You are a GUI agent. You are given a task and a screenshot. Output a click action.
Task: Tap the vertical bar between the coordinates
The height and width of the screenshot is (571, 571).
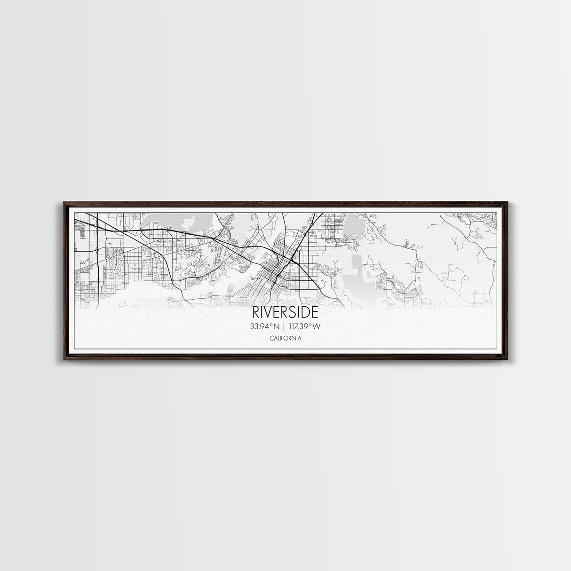click(285, 326)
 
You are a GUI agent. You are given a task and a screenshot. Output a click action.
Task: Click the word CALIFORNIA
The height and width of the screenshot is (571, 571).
click(285, 338)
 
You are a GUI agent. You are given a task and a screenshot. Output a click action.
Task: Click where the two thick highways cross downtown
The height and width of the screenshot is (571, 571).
click(293, 257)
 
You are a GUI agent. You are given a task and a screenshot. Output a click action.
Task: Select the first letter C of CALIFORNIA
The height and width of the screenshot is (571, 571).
click(271, 338)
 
